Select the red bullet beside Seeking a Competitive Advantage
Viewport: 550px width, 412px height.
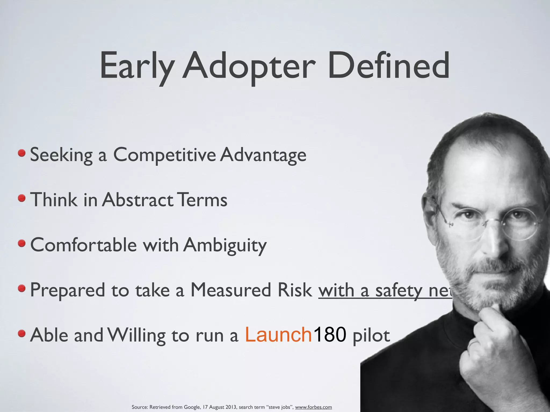(x=22, y=153)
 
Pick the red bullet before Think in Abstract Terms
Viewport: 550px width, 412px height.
(x=22, y=198)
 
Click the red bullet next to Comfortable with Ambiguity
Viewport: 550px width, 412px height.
(x=22, y=244)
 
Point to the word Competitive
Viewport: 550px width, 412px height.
(x=164, y=155)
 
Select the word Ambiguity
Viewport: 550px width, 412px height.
(x=225, y=245)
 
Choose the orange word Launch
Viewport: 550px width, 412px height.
(x=278, y=335)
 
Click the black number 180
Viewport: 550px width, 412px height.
(x=330, y=335)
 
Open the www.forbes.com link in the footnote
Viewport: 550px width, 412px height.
(x=313, y=407)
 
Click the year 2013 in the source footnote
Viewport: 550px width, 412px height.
(x=231, y=407)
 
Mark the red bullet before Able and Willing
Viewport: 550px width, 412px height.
(x=22, y=334)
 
